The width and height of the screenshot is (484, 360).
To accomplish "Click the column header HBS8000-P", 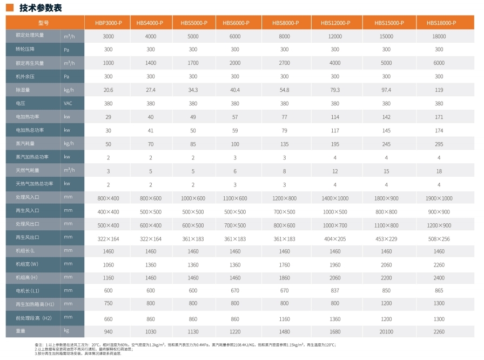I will click(x=285, y=23).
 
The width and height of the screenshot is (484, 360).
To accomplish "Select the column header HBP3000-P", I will click(x=109, y=23).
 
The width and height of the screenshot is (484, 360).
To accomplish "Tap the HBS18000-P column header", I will click(x=439, y=23).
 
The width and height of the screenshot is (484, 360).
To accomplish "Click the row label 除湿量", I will click(x=23, y=90).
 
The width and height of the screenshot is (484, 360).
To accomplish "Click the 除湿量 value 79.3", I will click(x=335, y=90).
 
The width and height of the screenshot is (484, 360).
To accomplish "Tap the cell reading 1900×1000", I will click(x=439, y=198).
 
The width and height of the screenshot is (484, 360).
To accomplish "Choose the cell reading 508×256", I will click(x=439, y=238).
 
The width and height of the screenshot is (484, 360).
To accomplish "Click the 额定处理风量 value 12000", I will click(x=335, y=36).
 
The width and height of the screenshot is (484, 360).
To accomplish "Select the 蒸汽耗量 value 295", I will click(x=439, y=144).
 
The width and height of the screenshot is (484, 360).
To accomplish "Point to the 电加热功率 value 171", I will click(x=439, y=117).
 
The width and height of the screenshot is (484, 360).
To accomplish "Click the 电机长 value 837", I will click(x=335, y=291).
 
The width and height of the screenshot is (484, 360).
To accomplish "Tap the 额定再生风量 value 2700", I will click(x=285, y=63).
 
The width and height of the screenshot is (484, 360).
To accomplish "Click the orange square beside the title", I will click(x=9, y=8).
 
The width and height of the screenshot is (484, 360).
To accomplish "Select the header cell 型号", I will click(x=44, y=23).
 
